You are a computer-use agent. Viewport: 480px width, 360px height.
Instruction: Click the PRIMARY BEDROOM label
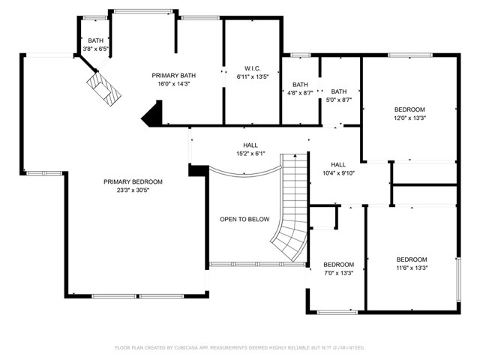pyautogui.click(x=133, y=181)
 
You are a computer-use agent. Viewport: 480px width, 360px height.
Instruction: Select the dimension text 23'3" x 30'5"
pyautogui.click(x=133, y=190)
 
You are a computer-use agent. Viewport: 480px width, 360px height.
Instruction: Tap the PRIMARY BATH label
pyautogui.click(x=174, y=76)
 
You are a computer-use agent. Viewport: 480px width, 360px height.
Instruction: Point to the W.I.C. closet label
pyautogui.click(x=252, y=68)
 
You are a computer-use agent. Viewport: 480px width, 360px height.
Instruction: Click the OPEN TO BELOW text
pyautogui.click(x=244, y=219)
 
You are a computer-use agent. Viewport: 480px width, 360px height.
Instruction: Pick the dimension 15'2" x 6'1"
pyautogui.click(x=250, y=154)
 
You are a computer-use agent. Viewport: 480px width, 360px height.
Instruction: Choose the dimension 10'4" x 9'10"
pyautogui.click(x=338, y=173)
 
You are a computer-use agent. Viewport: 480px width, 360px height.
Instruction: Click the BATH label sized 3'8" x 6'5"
pyautogui.click(x=95, y=41)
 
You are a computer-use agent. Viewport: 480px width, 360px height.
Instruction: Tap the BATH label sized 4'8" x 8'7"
pyautogui.click(x=300, y=84)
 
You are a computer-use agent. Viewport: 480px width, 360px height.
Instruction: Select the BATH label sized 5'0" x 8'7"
pyautogui.click(x=339, y=91)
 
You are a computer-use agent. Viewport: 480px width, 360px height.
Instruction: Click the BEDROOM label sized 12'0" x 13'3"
pyautogui.click(x=410, y=109)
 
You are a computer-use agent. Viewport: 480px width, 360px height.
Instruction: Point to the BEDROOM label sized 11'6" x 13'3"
pyautogui.click(x=412, y=259)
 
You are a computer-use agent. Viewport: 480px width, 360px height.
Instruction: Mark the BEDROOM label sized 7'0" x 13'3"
pyautogui.click(x=338, y=264)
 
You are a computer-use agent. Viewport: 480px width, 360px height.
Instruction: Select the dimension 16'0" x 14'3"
pyautogui.click(x=174, y=84)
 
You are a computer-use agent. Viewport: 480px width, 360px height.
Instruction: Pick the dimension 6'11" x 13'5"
pyautogui.click(x=252, y=76)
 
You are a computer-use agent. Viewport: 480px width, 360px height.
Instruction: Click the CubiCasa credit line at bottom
pyautogui.click(x=239, y=348)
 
